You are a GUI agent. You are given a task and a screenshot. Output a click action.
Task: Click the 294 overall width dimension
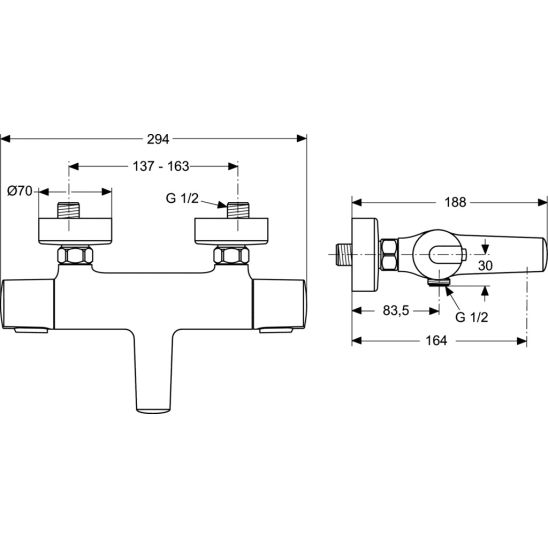[158, 139]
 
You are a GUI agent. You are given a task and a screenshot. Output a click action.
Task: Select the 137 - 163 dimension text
[161, 166]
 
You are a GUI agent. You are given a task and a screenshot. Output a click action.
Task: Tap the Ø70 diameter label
[20, 191]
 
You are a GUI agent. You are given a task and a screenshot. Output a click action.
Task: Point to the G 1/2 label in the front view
[182, 198]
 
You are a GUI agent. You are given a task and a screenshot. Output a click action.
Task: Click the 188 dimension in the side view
[455, 202]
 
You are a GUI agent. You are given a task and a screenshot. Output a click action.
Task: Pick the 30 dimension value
[485, 266]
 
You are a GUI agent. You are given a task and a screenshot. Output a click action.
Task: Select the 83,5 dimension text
[396, 310]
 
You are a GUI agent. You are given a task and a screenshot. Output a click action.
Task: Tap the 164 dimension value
[436, 340]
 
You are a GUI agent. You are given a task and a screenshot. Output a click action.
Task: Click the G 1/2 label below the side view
[471, 317]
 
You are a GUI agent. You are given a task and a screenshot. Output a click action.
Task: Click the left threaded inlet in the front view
[68, 210]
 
